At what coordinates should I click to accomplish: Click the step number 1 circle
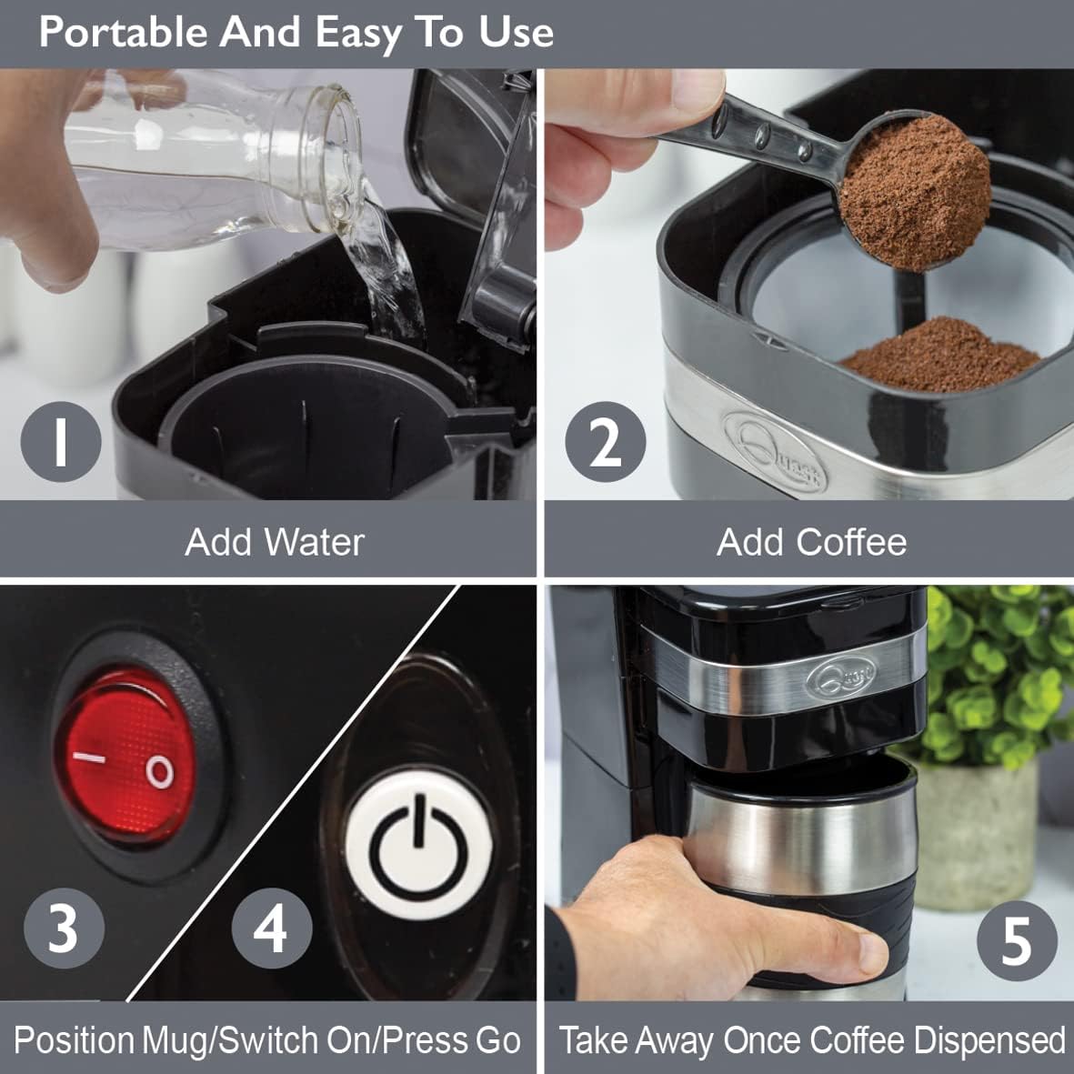[61, 442]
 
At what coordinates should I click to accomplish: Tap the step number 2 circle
[605, 442]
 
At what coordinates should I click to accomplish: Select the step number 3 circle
[64, 928]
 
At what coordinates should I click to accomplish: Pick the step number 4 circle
[271, 928]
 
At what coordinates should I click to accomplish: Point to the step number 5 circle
[1016, 940]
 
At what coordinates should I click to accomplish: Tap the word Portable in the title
[124, 32]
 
